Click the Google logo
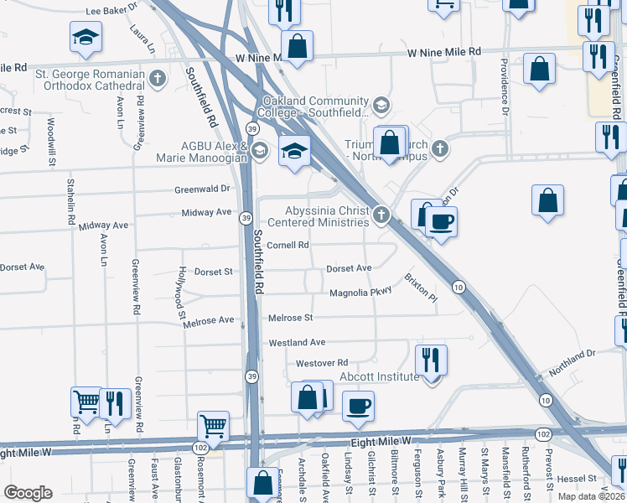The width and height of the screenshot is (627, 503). coord(28,493)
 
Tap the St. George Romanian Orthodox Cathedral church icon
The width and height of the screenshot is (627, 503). coord(157,80)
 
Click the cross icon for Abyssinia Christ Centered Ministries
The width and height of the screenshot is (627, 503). coord(381,215)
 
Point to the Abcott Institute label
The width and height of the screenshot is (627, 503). coord(379,376)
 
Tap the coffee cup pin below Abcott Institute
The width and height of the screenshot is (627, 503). coord(358,407)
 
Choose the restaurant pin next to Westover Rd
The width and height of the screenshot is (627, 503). coord(431,360)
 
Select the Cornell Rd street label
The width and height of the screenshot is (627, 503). coord(288,246)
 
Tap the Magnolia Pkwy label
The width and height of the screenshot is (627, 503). coord(360,293)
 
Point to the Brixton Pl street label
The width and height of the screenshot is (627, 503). coord(421,288)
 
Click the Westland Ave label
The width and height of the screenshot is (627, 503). coord(297,342)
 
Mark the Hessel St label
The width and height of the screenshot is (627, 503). coord(577,478)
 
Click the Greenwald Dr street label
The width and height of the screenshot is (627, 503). coord(202,189)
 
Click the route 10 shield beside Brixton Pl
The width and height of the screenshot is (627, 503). coord(459,288)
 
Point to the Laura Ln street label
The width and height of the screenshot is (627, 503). coord(142,39)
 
